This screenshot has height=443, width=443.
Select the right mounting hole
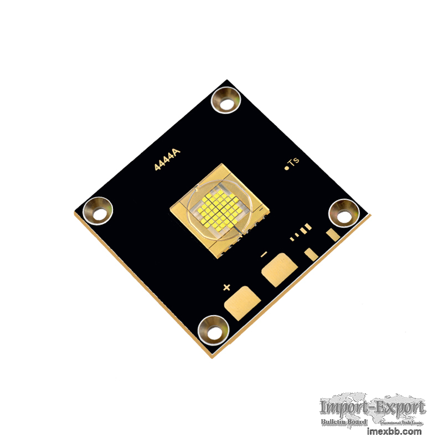click(343, 213)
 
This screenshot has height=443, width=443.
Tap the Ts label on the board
click(294, 162)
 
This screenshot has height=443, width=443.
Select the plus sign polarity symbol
click(226, 287)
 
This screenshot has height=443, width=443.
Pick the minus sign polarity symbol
click(264, 254)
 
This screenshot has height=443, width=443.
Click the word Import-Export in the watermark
click(373, 409)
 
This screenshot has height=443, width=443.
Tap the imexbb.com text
click(394, 431)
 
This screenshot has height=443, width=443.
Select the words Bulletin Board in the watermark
click(344, 423)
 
